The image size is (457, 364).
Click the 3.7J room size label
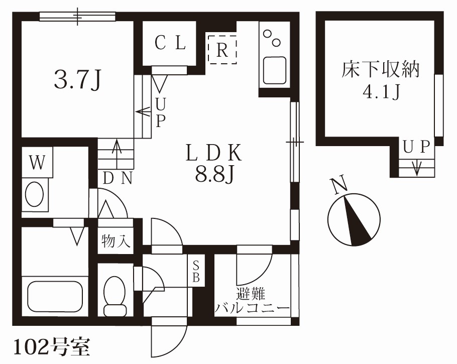[x=78, y=80]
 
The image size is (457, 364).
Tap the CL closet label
[x=170, y=44]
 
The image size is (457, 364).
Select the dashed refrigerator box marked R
[x=222, y=49]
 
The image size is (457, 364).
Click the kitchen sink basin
[x=274, y=71]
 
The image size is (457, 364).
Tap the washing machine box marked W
[x=37, y=162]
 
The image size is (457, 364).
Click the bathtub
[x=55, y=296]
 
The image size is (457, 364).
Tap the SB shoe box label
[x=196, y=271]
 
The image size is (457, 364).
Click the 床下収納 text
[x=380, y=70]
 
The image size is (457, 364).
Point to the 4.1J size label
[x=380, y=92]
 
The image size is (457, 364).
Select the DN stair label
[x=118, y=178]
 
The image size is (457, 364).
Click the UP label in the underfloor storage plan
[x=417, y=147]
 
